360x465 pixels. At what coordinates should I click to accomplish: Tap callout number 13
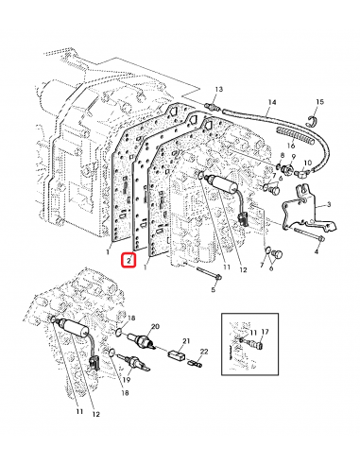(217, 90)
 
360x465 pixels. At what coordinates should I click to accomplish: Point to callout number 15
(319, 101)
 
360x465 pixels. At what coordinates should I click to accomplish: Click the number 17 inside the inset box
(266, 332)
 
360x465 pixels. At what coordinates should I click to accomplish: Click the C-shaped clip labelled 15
(313, 119)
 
